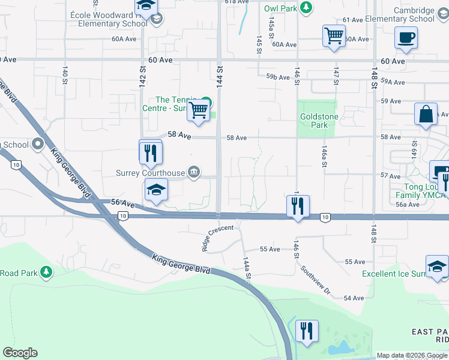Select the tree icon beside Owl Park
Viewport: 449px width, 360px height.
pos(307,8)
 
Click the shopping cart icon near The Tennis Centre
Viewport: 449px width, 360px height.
pos(198,110)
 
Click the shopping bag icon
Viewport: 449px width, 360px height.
pos(426,114)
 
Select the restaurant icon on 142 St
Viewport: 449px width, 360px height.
pos(151,151)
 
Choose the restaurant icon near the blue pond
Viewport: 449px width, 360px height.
pos(307,330)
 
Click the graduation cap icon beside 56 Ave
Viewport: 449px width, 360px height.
pos(156,190)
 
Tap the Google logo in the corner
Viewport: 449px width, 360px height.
pos(20,353)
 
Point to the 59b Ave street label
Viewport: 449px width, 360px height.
pos(279,77)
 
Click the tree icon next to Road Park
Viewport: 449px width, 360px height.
pos(46,272)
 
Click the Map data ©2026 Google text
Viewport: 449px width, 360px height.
pos(411,355)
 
